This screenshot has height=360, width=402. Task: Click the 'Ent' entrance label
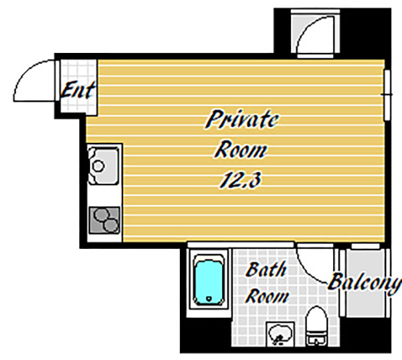click(x=78, y=90)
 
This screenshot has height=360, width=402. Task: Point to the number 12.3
click(x=240, y=179)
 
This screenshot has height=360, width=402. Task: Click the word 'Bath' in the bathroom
click(x=266, y=269)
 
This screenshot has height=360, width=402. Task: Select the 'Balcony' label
click(x=364, y=283)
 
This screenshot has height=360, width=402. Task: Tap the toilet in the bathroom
click(x=317, y=326)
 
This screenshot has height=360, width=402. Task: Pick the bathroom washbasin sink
click(x=280, y=334)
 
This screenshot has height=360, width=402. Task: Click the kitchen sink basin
click(x=104, y=165)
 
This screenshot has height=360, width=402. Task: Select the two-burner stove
click(x=104, y=220)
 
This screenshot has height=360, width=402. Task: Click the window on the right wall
click(x=387, y=95)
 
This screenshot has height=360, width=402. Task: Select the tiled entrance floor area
click(x=76, y=86)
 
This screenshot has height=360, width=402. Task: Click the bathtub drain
click(x=209, y=298)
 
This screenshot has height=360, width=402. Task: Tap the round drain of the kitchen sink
click(x=99, y=166)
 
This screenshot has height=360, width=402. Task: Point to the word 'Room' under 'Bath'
click(x=266, y=296)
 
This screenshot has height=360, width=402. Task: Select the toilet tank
click(x=317, y=340)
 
